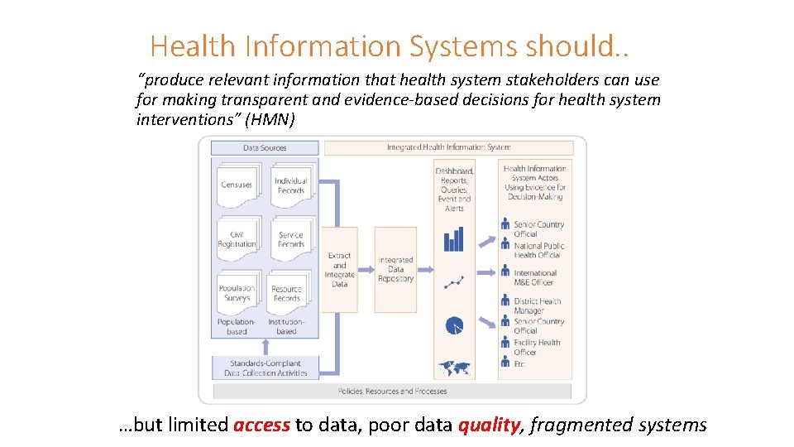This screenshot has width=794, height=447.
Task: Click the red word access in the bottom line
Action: pyautogui.click(x=261, y=425)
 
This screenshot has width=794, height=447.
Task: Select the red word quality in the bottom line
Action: pyautogui.click(x=488, y=425)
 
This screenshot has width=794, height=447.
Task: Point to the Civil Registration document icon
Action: pyautogui.click(x=237, y=239)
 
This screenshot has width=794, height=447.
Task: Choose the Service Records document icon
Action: pyautogui.click(x=291, y=239)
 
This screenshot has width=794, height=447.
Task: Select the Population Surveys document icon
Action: pyautogui.click(x=237, y=293)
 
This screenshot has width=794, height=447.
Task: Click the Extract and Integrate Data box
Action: pyautogui.click(x=339, y=270)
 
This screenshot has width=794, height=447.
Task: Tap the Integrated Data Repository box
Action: pyautogui.click(x=395, y=270)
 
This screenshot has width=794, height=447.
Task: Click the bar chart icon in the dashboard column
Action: pyautogui.click(x=454, y=240)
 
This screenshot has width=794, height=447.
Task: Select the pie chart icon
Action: pyautogui.click(x=454, y=326)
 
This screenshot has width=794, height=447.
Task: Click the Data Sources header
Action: pyautogui.click(x=265, y=148)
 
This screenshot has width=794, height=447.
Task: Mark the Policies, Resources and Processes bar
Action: pyautogui.click(x=393, y=391)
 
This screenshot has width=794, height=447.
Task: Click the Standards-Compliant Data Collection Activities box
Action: pyautogui.click(x=265, y=368)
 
